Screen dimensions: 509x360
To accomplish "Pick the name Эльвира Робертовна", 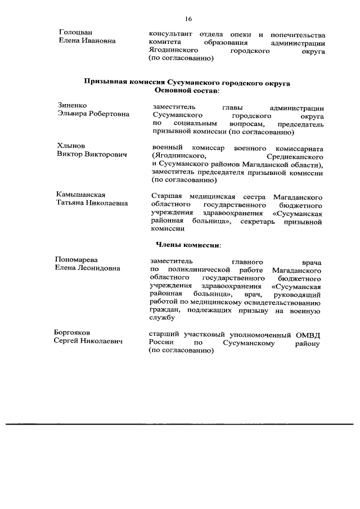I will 93,114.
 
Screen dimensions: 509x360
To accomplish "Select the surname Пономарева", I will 76,260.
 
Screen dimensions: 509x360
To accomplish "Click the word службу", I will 165,319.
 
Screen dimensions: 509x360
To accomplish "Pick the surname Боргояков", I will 73,332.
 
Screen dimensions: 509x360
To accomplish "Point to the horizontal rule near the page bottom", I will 180,424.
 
